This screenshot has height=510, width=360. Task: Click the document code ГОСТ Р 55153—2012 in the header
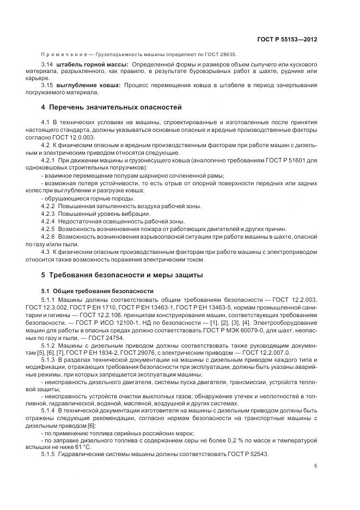click(x=287, y=40)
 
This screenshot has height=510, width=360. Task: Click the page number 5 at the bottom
click(x=316, y=465)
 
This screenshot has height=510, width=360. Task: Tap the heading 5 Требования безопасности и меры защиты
click(x=122, y=275)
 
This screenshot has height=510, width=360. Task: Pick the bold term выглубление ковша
click(x=88, y=86)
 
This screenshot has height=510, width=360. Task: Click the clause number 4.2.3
click(x=48, y=214)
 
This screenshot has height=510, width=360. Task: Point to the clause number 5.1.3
click(x=48, y=360)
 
